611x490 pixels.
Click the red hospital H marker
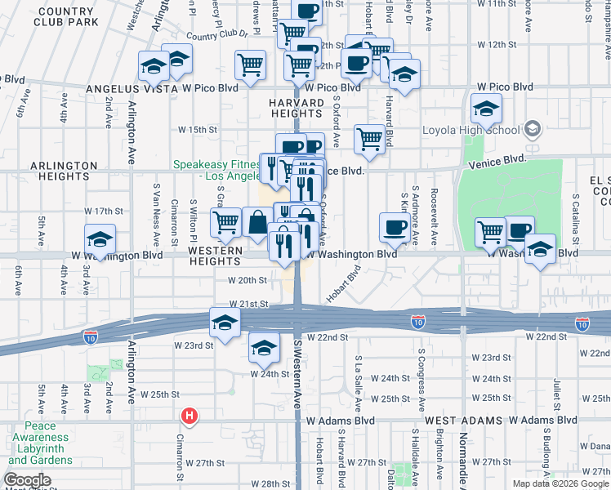point(190,416)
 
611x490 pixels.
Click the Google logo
point(28,480)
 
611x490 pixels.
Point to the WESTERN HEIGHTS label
point(216,255)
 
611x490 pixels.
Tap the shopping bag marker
point(257,222)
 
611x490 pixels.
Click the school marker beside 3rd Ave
point(100,240)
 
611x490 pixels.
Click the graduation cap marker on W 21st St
point(225,323)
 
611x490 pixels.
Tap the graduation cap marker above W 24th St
point(264,349)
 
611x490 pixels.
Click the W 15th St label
point(198,130)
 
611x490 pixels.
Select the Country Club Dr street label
point(216,35)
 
